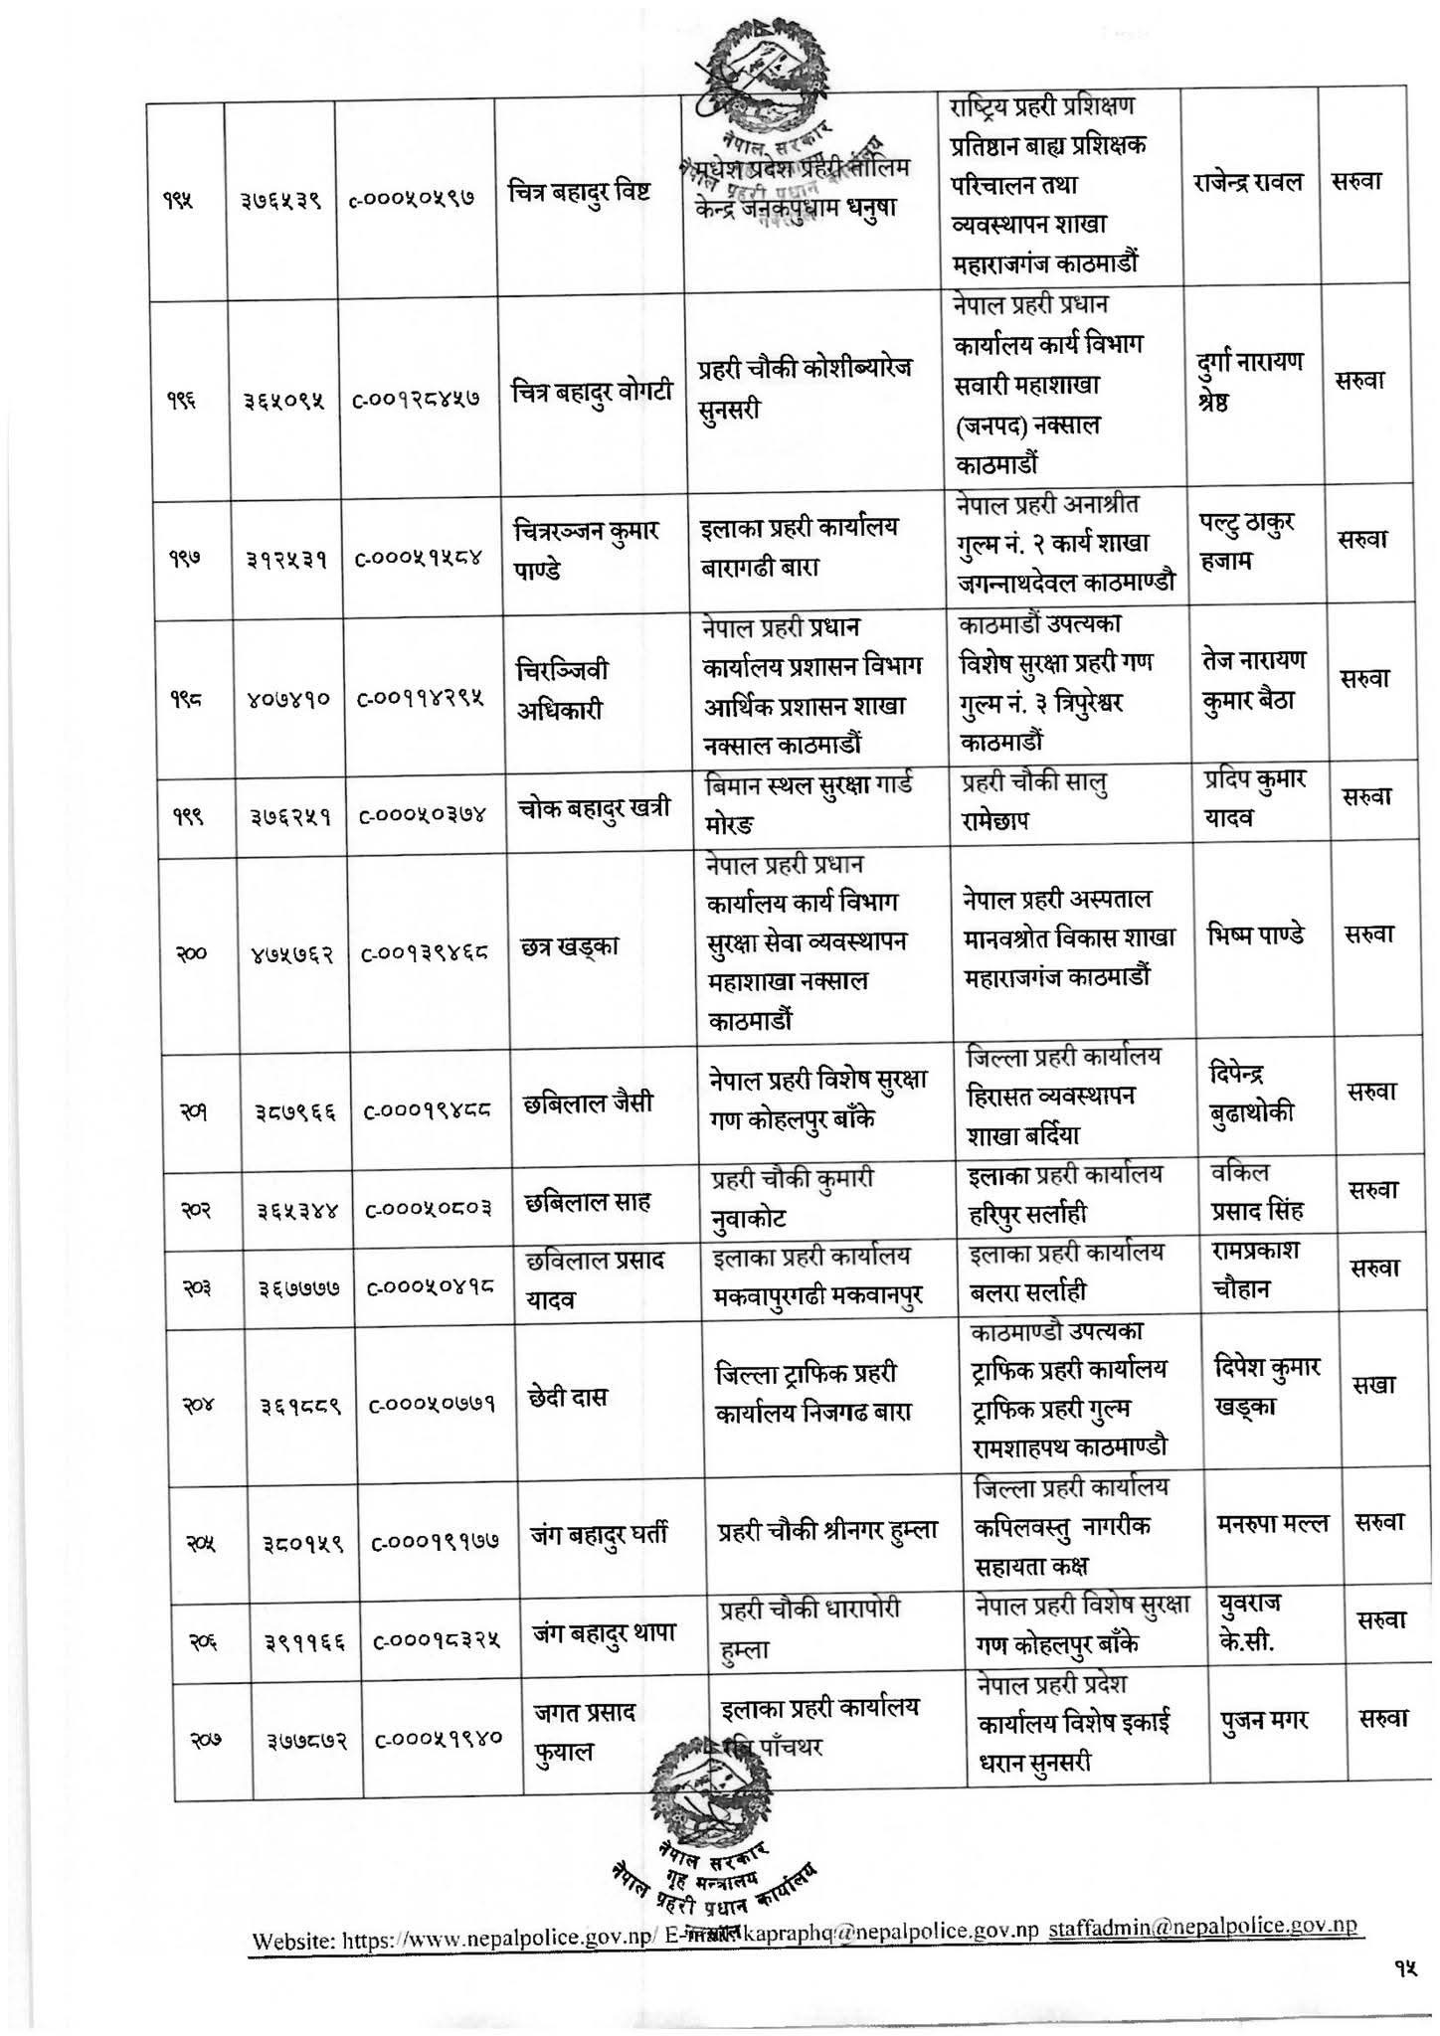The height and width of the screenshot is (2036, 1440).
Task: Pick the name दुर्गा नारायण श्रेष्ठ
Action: pyautogui.click(x=1248, y=382)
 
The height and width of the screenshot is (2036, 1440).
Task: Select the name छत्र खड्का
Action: pyautogui.click(x=570, y=945)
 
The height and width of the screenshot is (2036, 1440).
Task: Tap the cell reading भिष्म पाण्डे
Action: pyautogui.click(x=1255, y=935)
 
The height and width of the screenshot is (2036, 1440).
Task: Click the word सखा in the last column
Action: pyautogui.click(x=1373, y=1386)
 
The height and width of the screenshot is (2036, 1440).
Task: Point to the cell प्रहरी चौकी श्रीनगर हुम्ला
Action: pyautogui.click(x=827, y=1532)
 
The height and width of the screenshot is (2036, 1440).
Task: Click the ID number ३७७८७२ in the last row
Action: pyautogui.click(x=306, y=1741)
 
